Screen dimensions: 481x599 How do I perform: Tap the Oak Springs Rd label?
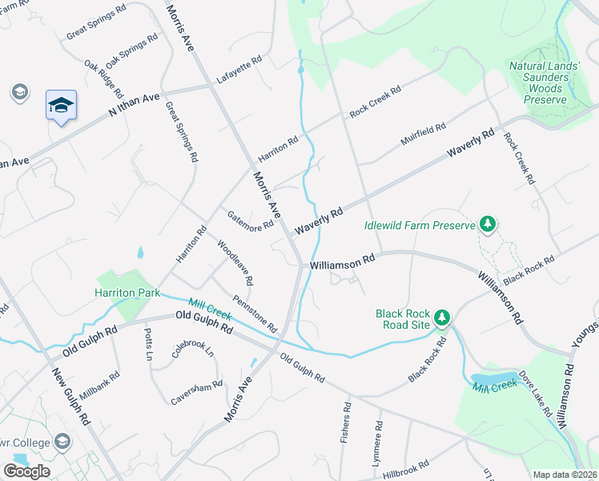(132, 51)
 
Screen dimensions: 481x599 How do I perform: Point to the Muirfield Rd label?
(423, 137)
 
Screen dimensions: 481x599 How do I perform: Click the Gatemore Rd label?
(251, 222)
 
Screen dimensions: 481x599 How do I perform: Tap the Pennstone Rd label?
(255, 313)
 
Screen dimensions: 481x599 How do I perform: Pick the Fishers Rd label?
(347, 422)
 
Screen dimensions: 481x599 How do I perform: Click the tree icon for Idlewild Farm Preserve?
(487, 224)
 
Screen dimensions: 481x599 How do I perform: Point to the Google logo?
(26, 471)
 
